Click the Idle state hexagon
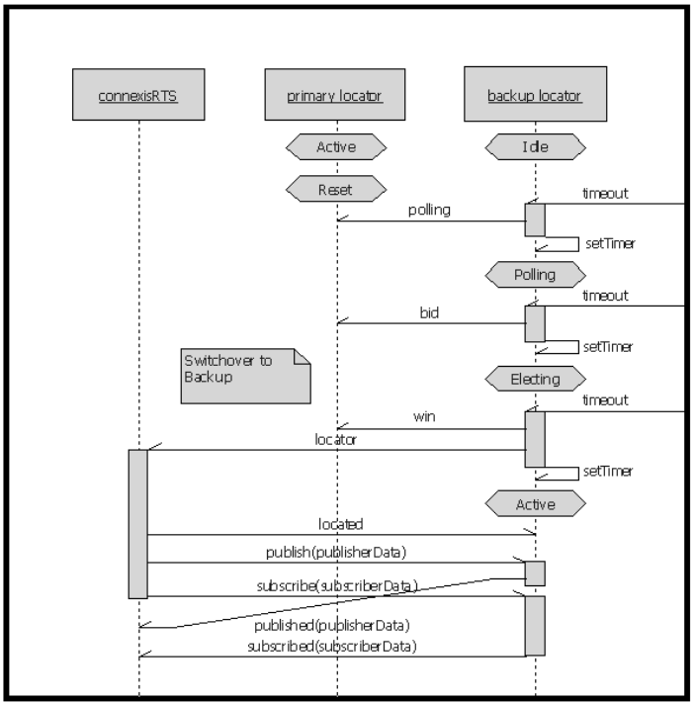click(535, 147)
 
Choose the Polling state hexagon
click(535, 274)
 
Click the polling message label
click(429, 211)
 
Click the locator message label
click(335, 439)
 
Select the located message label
click(340, 523)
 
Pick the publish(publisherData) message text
click(335, 552)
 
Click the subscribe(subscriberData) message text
click(337, 585)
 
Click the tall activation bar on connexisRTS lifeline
click(138, 523)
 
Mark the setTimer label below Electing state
click(608, 471)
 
